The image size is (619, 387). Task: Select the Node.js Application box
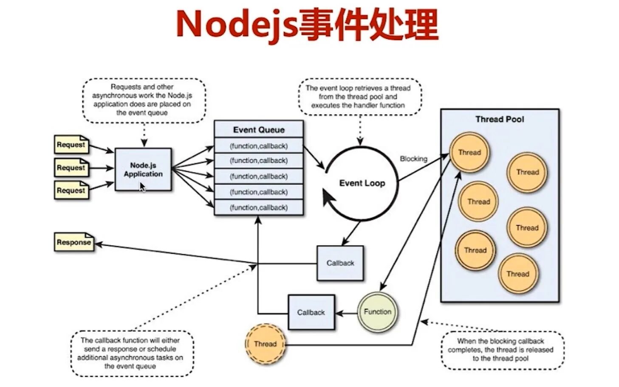(143, 169)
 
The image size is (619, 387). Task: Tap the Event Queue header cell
(258, 129)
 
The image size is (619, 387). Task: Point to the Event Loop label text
(362, 183)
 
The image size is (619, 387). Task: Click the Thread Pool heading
(500, 119)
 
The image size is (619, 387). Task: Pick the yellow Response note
(74, 242)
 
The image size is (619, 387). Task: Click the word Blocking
(413, 159)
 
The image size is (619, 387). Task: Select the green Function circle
(377, 312)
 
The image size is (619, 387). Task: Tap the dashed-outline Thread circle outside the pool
(265, 344)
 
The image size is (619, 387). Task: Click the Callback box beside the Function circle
(311, 312)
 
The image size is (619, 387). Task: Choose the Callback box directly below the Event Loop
(340, 263)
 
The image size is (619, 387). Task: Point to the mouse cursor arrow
(142, 187)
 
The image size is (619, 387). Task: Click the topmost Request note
(71, 145)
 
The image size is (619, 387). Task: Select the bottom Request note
(71, 191)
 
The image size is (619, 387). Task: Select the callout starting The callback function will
(130, 353)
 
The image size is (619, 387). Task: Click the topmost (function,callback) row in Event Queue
(258, 146)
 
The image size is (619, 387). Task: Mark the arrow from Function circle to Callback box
(346, 314)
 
